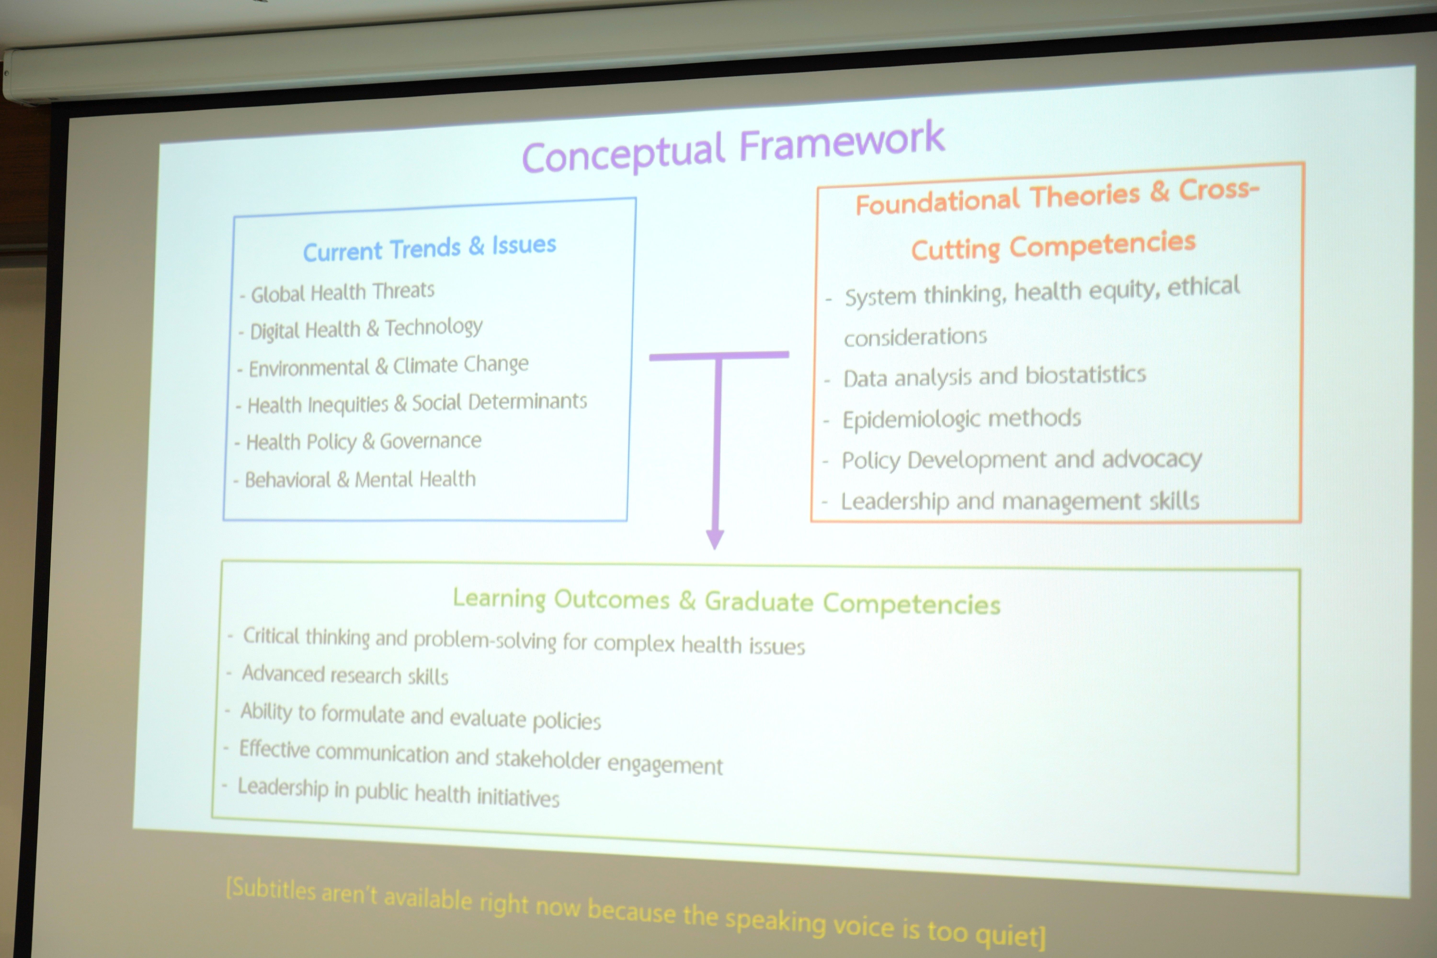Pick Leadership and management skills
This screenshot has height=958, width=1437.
1020,501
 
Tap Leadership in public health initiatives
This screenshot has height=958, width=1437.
398,793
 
